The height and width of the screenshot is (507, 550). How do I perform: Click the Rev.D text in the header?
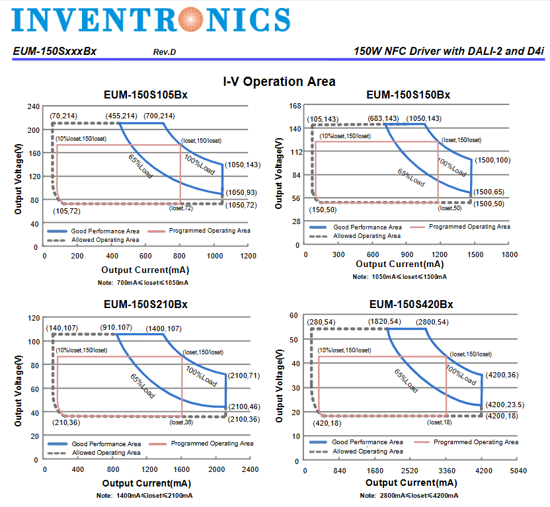[165, 52]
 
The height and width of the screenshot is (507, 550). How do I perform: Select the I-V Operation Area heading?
[278, 81]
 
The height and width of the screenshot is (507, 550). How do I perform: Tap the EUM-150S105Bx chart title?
[145, 95]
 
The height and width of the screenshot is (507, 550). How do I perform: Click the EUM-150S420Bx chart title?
[411, 304]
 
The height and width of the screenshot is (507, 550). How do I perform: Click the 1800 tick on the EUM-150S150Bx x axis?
[510, 254]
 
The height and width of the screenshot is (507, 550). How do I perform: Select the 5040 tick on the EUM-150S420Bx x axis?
[518, 471]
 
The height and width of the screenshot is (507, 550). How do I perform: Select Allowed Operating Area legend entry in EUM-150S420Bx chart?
[367, 451]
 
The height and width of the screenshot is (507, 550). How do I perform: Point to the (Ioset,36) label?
[180, 422]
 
